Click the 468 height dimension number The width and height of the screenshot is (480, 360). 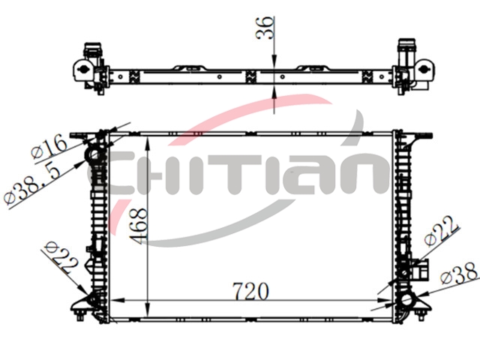click(x=138, y=226)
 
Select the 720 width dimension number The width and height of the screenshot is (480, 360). click(x=250, y=291)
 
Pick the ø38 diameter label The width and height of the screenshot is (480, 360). click(x=459, y=273)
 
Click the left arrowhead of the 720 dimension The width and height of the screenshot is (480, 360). click(x=117, y=301)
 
